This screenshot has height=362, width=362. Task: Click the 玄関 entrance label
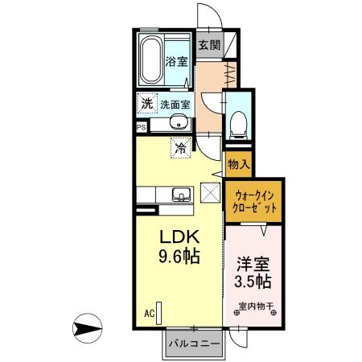coord(209,46)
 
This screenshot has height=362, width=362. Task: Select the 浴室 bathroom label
coord(177,61)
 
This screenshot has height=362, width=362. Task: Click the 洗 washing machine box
coord(146,103)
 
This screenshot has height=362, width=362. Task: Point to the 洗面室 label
coord(174,104)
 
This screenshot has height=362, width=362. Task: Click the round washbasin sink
coord(179,123)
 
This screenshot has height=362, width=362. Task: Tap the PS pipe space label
coord(142,127)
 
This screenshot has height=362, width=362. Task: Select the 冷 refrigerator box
coord(181,147)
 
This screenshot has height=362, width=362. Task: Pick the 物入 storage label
coord(239,165)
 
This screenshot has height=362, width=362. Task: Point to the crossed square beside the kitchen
coord(210,194)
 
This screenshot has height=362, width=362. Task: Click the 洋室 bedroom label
coord(252,263)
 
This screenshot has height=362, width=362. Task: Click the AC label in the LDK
coord(150,312)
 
